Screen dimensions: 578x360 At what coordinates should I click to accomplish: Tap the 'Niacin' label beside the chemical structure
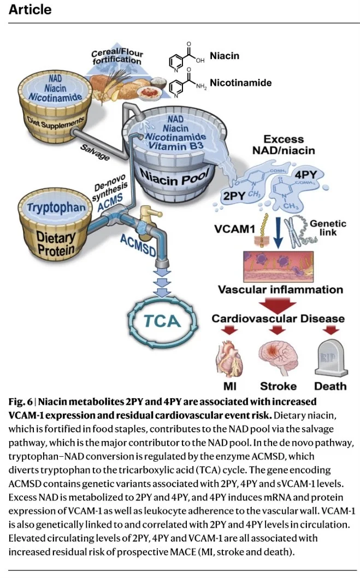coord(225,56)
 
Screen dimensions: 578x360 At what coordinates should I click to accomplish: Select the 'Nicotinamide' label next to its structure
coord(240,83)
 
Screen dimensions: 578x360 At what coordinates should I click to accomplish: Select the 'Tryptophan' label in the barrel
coord(50,208)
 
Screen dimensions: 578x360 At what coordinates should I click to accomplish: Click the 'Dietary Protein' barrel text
coord(48,244)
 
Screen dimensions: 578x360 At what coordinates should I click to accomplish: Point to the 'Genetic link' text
coord(328,228)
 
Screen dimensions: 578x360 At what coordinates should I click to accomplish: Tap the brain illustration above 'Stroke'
coord(277,355)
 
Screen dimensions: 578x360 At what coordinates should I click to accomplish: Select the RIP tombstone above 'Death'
coord(330,357)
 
